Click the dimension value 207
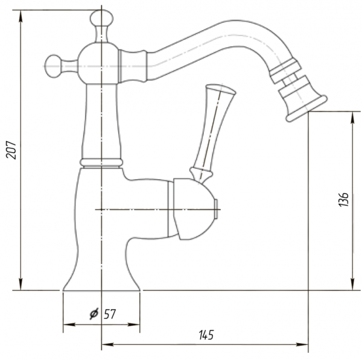[11, 150]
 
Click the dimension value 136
[343, 199]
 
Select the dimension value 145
[206, 335]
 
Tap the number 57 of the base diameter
[110, 314]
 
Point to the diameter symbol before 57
[94, 314]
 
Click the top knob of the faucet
[101, 18]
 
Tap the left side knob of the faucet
[53, 66]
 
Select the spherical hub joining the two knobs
[99, 63]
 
